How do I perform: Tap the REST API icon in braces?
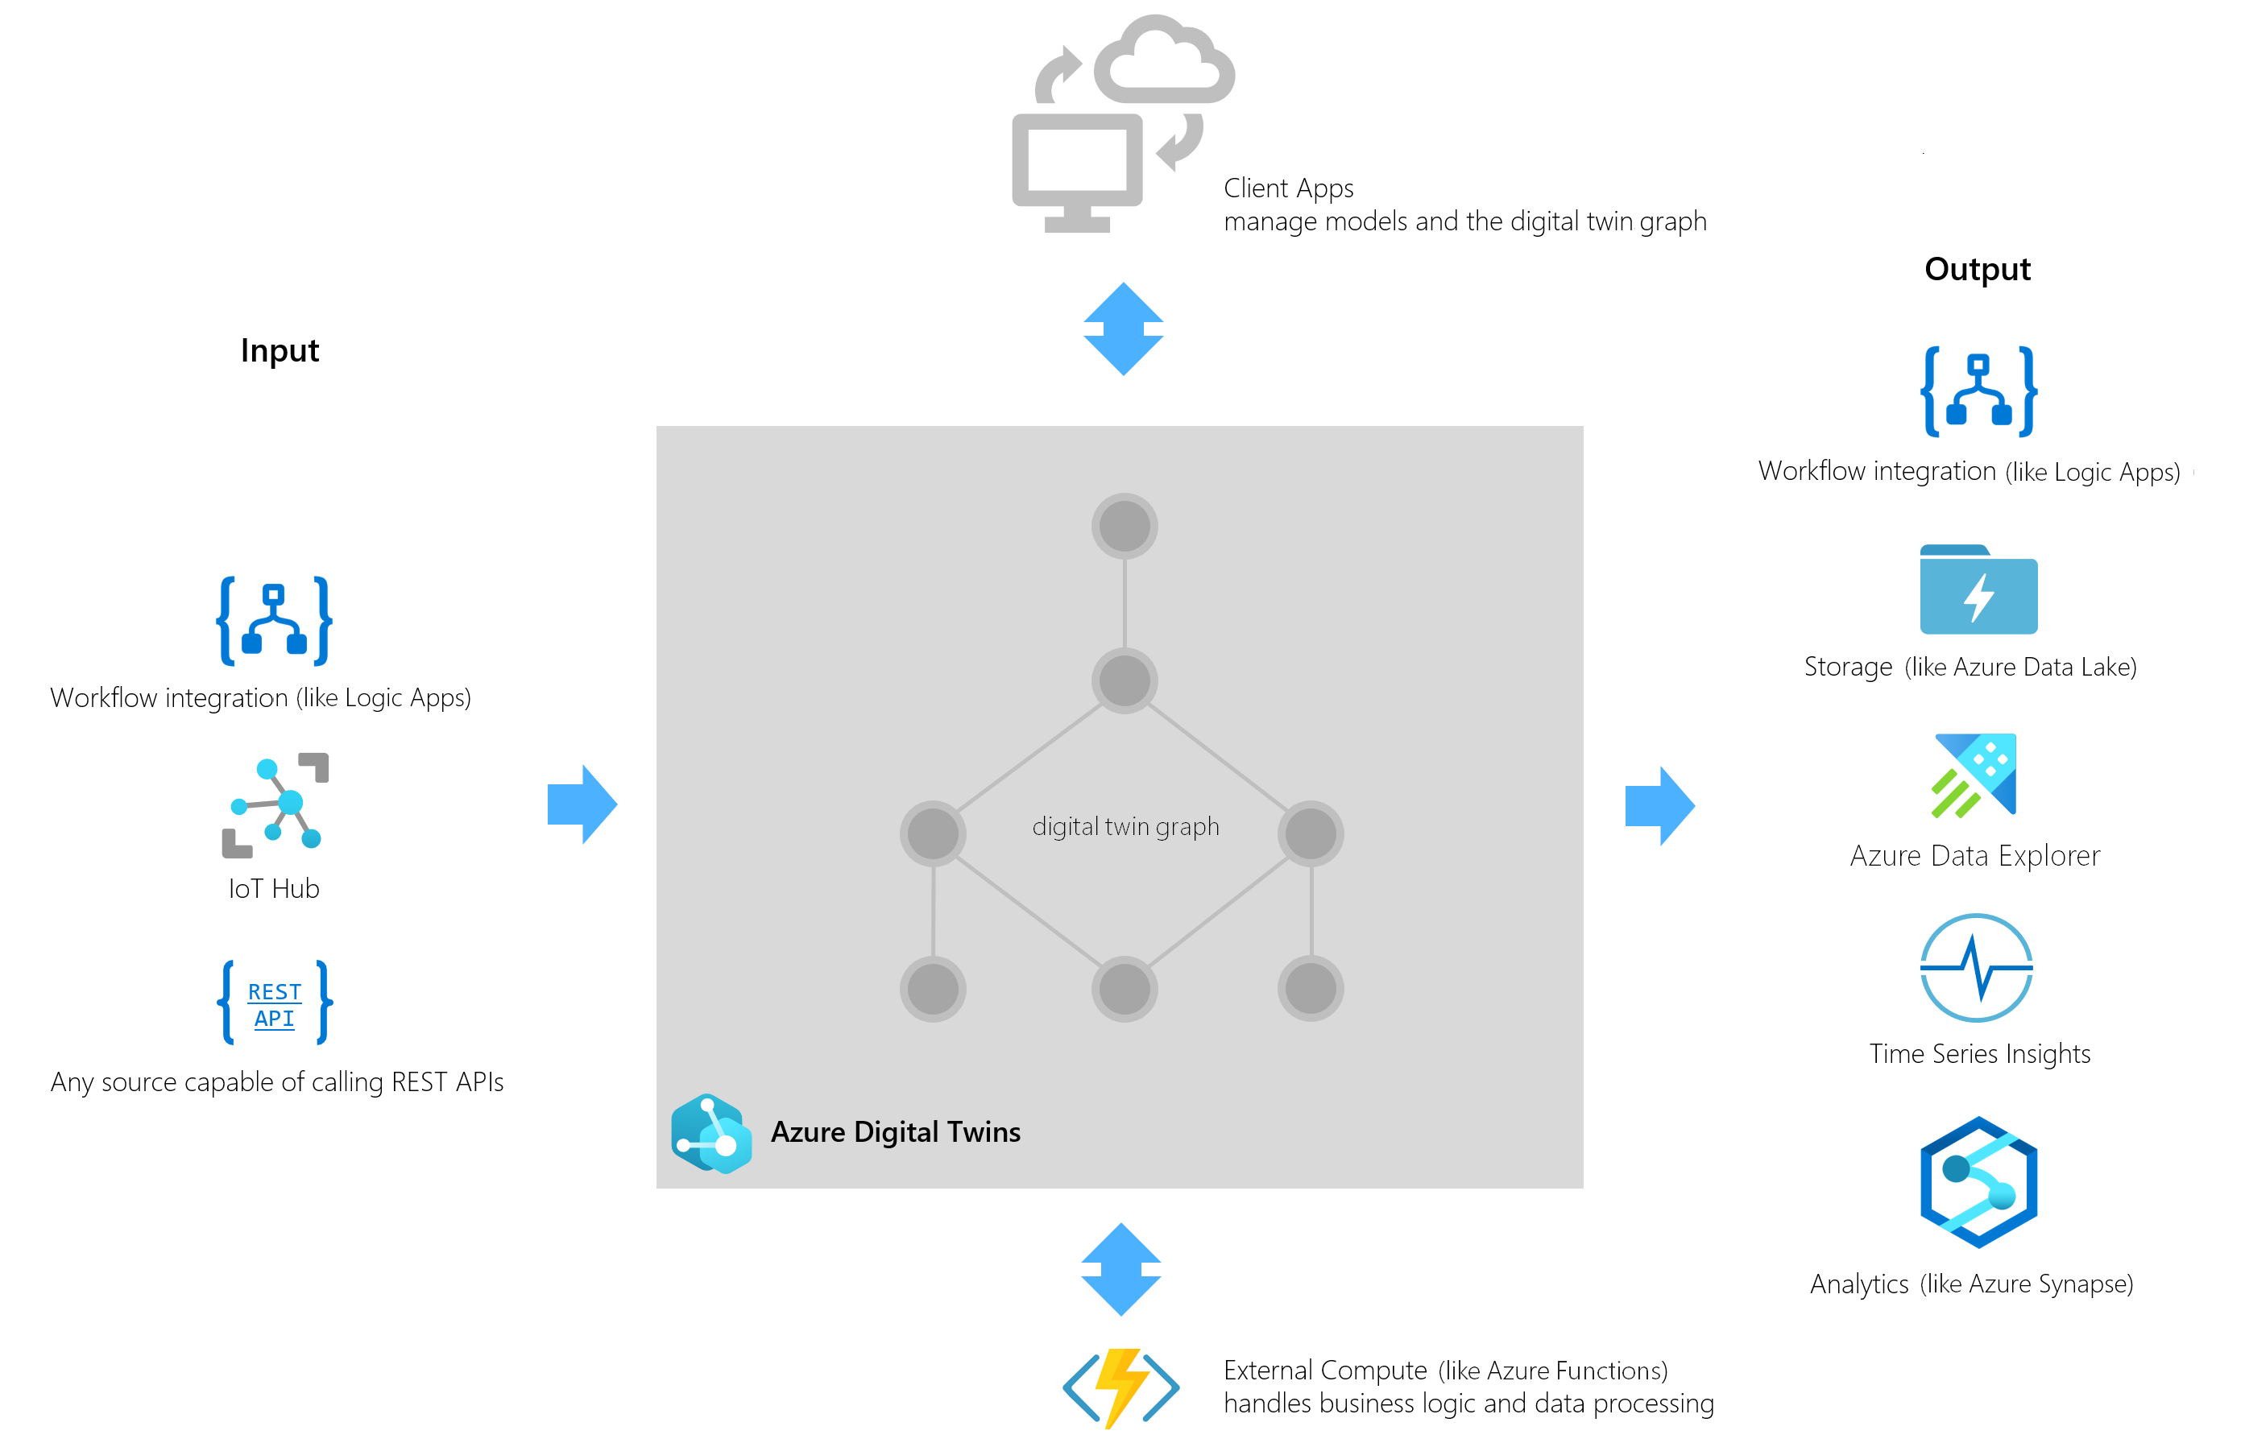coord(275,1003)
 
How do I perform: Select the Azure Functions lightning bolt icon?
coord(1120,1387)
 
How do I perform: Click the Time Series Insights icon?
coord(1976,967)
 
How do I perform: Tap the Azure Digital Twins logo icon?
coord(711,1133)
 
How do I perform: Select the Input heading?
coord(280,350)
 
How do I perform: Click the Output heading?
coord(1977,270)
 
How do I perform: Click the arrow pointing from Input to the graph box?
coord(581,804)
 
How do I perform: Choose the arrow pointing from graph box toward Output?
coord(1659,806)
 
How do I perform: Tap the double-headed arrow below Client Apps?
coord(1123,329)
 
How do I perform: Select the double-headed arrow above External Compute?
coord(1120,1269)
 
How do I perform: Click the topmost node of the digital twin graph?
coord(1124,526)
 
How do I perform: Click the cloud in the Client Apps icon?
coord(1164,64)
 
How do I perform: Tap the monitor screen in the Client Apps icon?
coord(1077,160)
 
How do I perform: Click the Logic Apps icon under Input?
coord(274,620)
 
